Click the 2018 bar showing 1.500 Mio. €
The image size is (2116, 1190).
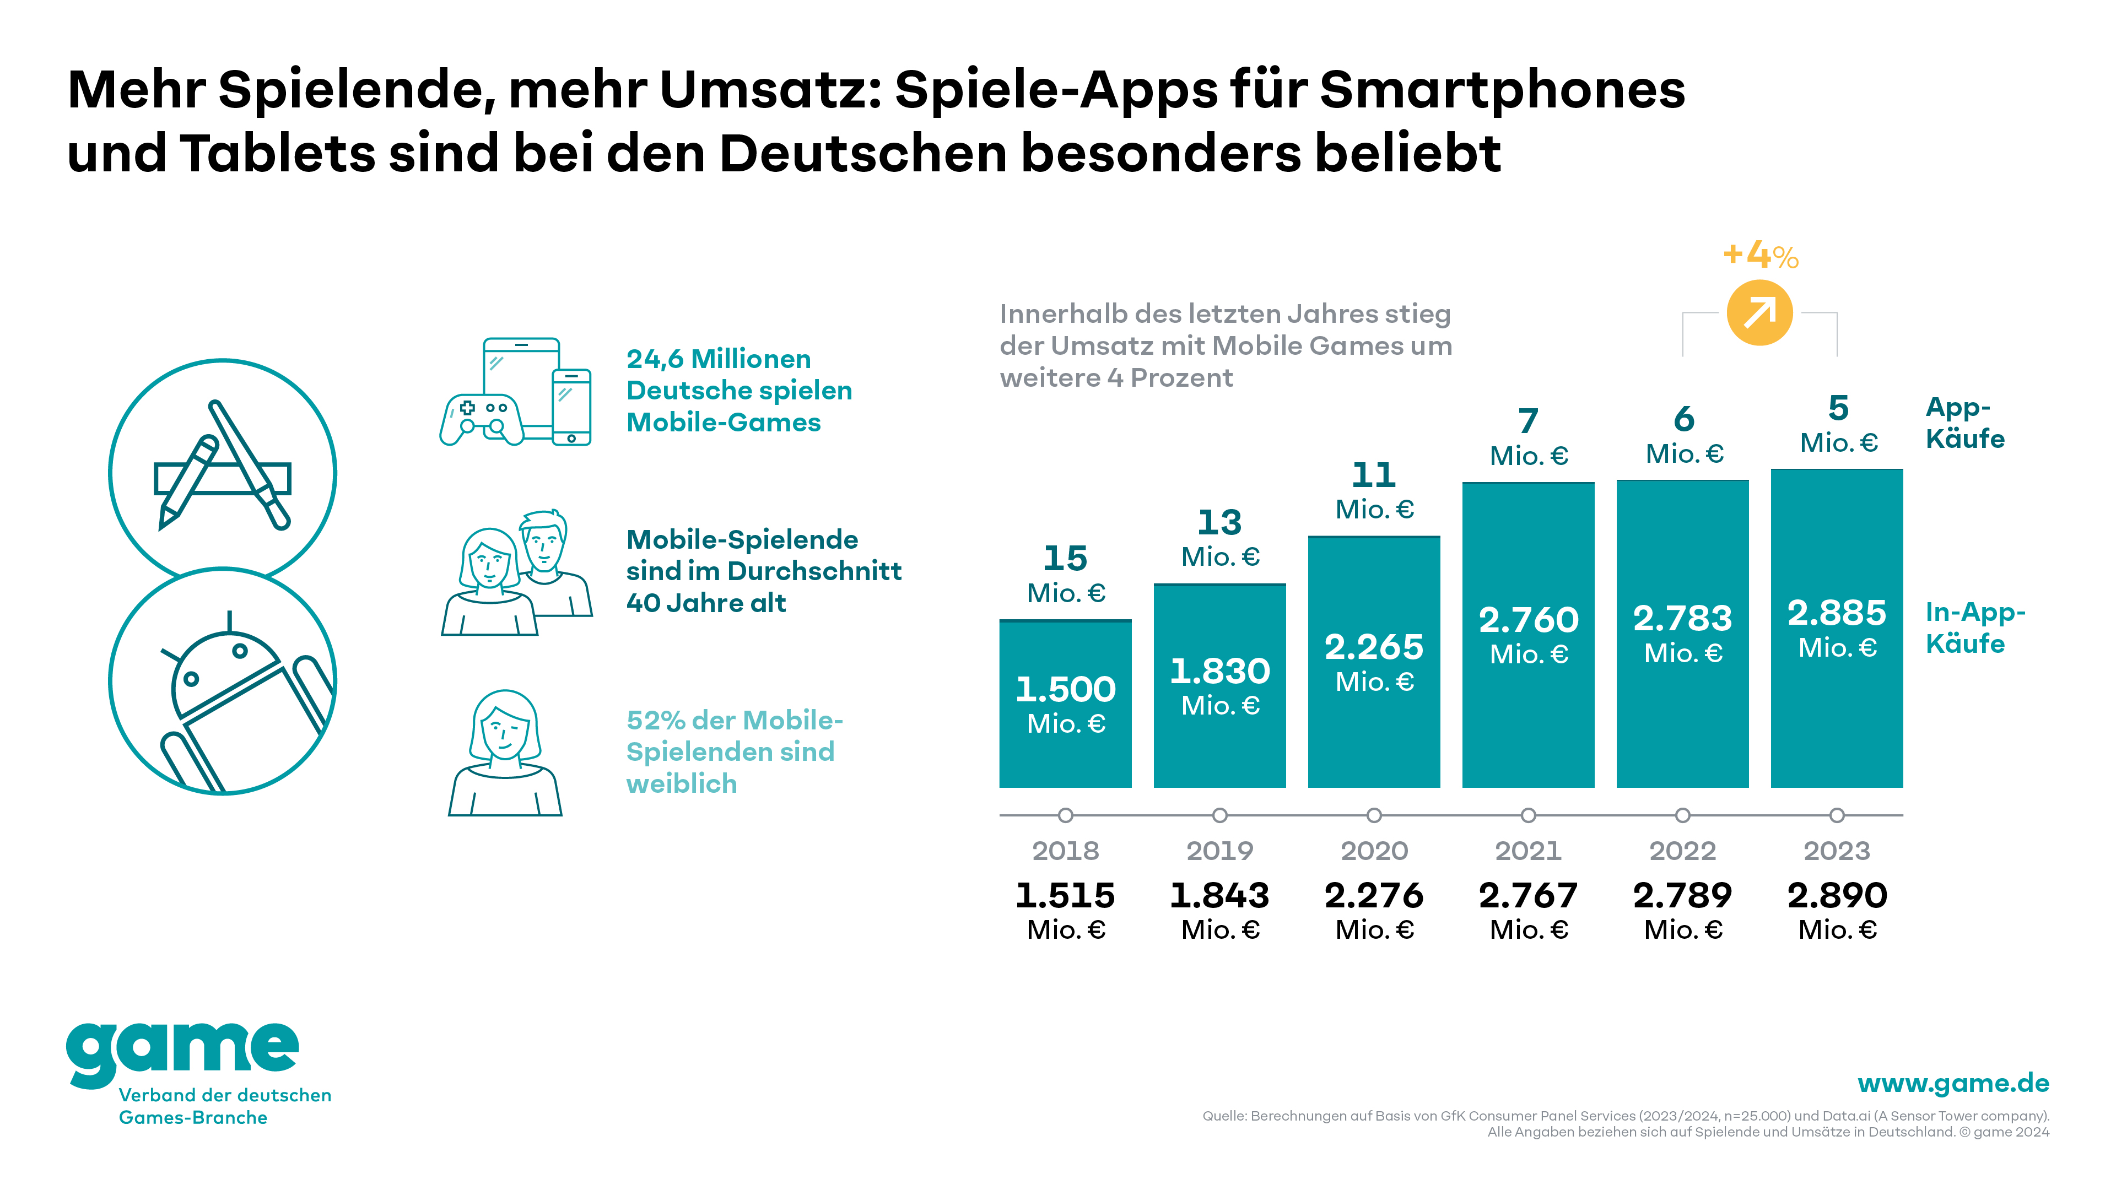(x=1065, y=704)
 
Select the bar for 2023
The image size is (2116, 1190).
(x=1837, y=628)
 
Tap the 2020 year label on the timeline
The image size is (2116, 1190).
(x=1374, y=851)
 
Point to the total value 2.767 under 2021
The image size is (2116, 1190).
(x=1528, y=895)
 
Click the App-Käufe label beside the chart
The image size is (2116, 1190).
(x=1965, y=423)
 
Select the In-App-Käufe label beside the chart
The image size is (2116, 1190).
(x=1975, y=628)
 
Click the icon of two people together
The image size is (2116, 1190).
(x=516, y=573)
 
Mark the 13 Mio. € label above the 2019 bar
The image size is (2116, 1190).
(x=1220, y=538)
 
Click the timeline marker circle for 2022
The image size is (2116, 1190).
(x=1682, y=815)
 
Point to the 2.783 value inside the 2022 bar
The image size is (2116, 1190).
(x=1682, y=618)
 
